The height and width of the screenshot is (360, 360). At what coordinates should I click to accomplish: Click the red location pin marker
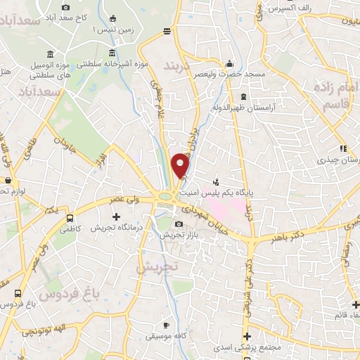coord(181,166)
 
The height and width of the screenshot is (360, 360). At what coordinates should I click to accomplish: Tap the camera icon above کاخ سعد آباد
coord(65,7)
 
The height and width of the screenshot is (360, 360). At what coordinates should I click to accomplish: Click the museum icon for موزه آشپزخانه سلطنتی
coord(112,53)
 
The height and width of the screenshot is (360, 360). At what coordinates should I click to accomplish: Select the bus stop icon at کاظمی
coord(69,217)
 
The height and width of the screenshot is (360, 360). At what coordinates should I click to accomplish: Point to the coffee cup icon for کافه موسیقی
coord(166,325)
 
